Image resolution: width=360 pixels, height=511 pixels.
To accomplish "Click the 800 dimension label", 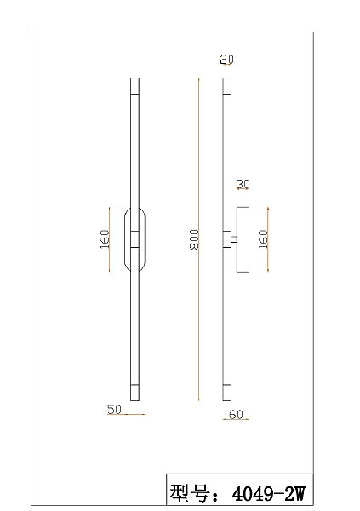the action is pos(194,239).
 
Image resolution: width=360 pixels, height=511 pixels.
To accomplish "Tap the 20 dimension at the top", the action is pos(226,60).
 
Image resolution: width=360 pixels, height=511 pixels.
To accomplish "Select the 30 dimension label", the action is pos(243,184).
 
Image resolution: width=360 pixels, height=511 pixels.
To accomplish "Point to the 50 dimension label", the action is pos(114,410).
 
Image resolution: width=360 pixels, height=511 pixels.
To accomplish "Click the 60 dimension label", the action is pos(236,414).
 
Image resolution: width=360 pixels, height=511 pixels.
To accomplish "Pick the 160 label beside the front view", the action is pos(105,239).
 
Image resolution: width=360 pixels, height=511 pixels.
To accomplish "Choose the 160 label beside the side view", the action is pos(263,239).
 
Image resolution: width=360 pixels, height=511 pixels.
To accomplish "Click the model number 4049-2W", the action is pos(268,493).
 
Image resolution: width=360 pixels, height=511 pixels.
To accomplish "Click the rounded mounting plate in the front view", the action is pos(125,239).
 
